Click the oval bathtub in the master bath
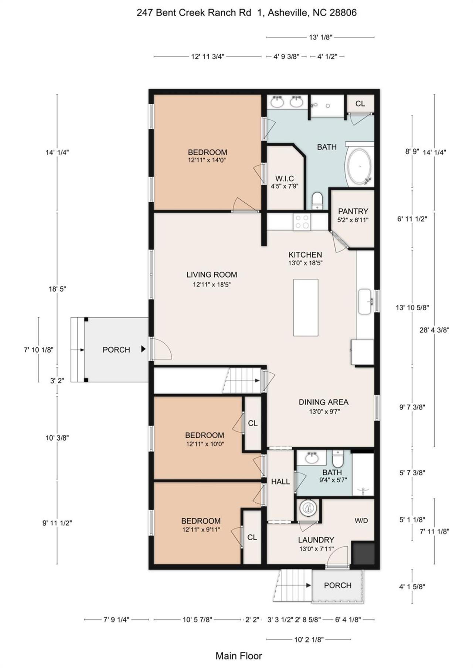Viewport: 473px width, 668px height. point(359,166)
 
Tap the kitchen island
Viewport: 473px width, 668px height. point(306,307)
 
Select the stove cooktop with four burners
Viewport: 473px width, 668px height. point(302,222)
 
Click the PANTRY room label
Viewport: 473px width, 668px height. point(353,211)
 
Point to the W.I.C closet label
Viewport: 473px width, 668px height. point(285,179)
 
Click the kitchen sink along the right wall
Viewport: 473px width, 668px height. point(365,302)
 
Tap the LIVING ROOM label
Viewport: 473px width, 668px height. point(212,275)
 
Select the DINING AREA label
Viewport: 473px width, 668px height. point(324,402)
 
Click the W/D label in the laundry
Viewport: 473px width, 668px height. point(361,520)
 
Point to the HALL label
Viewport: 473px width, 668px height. point(280,481)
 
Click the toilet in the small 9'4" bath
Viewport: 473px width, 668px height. point(338,458)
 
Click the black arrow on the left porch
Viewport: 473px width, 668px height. point(143,349)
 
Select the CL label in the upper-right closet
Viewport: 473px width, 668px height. point(360,104)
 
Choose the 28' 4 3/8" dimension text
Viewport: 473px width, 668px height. point(434,330)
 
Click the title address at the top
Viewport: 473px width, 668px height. point(246,13)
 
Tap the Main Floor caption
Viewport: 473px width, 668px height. point(239,655)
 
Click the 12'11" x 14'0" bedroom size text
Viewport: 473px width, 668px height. point(207,160)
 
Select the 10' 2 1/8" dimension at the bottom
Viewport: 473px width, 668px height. point(309,639)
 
